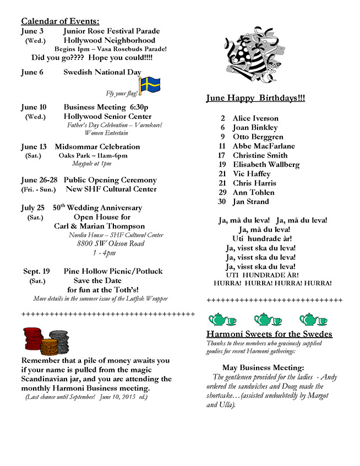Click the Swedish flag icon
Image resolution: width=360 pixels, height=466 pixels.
149,85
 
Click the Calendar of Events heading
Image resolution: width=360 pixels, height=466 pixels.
60,21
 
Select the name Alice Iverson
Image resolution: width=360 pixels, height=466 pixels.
255,118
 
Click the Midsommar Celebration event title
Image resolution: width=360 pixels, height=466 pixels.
97,147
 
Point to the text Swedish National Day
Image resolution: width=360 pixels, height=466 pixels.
102,72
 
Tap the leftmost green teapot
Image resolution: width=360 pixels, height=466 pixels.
219,319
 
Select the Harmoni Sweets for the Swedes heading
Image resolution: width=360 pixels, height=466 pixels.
269,334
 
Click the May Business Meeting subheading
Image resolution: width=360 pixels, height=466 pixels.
263,367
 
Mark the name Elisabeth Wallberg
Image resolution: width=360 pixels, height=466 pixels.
266,164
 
